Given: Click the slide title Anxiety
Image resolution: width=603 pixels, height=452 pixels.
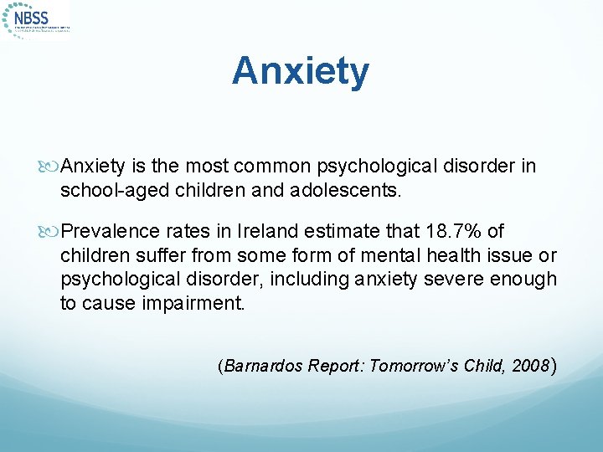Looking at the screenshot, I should [301, 71].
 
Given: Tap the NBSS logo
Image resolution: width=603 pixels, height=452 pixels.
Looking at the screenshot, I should [37, 18].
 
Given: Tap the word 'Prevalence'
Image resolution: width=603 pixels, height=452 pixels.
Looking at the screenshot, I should [107, 231].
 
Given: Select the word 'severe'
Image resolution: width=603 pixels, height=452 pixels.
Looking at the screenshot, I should [451, 279].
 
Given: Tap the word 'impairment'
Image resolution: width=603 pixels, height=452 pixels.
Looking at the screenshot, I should [195, 303].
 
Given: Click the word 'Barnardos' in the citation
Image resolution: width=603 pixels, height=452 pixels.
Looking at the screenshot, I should [262, 367].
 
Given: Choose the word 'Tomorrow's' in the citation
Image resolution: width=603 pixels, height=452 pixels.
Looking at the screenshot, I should [408, 367].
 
